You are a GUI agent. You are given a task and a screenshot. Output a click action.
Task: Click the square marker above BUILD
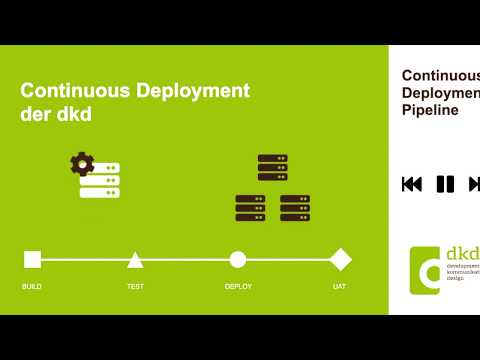32,260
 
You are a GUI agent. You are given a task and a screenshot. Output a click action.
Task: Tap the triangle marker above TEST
135,260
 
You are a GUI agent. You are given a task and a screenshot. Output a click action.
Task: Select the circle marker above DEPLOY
237,260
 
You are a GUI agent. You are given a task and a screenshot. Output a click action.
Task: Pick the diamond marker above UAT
341,260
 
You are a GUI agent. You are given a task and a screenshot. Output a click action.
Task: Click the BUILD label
32,287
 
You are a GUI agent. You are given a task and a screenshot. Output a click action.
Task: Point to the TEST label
135,287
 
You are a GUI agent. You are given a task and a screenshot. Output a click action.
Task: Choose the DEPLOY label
238,287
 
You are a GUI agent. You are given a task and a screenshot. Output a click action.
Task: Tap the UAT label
340,287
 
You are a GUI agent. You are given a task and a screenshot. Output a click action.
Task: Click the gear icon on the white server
81,163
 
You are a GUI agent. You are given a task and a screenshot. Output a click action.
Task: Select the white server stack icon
100,180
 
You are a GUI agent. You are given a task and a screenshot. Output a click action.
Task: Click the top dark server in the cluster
272,167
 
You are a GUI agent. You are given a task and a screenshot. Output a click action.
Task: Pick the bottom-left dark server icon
250,208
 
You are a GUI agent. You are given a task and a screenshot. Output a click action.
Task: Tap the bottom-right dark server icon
295,208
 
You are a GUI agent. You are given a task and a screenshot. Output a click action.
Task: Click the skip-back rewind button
411,184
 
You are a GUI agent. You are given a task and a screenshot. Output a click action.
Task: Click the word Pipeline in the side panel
430,111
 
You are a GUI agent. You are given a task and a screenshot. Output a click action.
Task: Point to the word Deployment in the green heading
192,90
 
